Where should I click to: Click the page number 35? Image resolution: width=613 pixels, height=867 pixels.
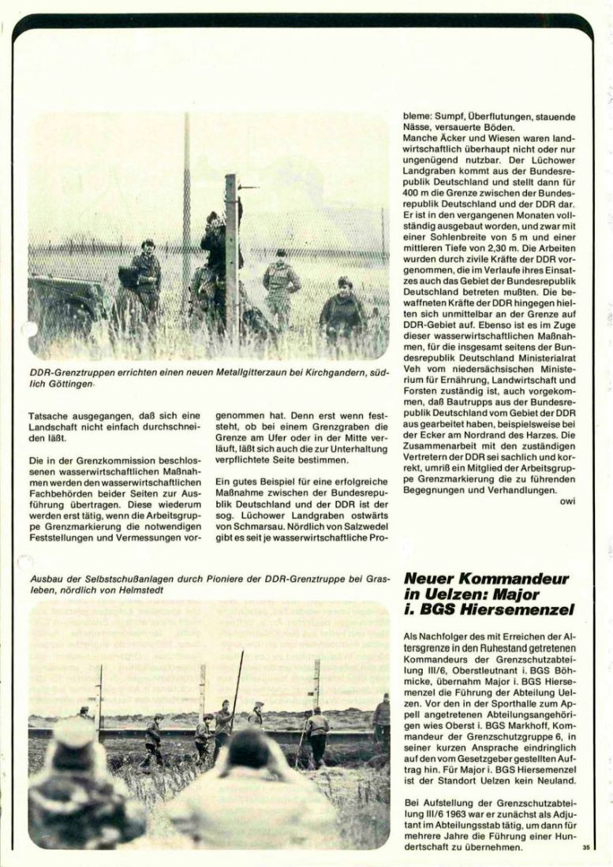tap(585, 848)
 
